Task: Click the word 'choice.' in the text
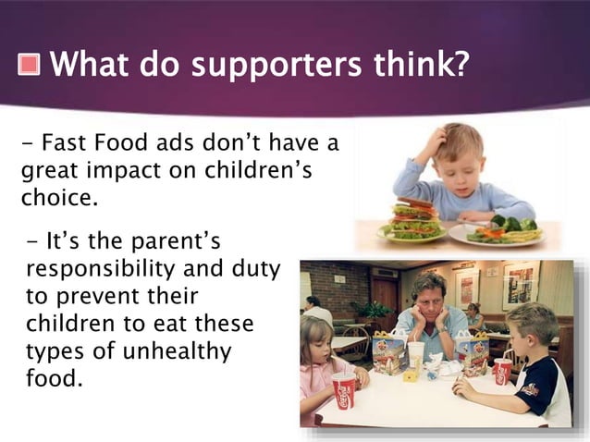(53, 197)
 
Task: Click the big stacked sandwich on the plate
(415, 218)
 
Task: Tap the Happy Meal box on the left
(388, 353)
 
